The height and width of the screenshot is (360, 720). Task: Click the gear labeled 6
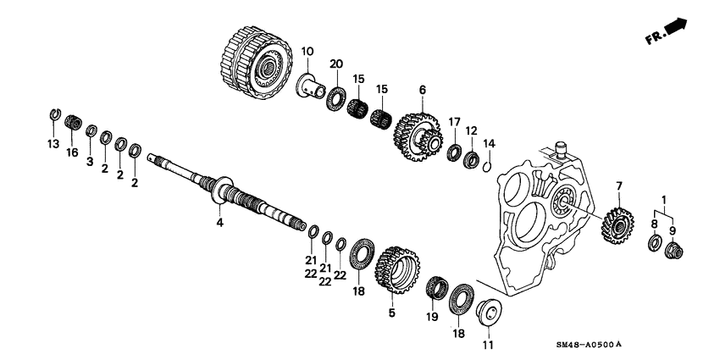click(420, 133)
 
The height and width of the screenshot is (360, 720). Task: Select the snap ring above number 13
click(53, 115)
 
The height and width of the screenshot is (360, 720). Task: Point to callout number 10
click(307, 52)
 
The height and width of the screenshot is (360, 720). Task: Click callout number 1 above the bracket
click(664, 199)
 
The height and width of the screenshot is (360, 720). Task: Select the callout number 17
click(454, 121)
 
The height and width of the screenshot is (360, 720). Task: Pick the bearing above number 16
click(73, 125)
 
